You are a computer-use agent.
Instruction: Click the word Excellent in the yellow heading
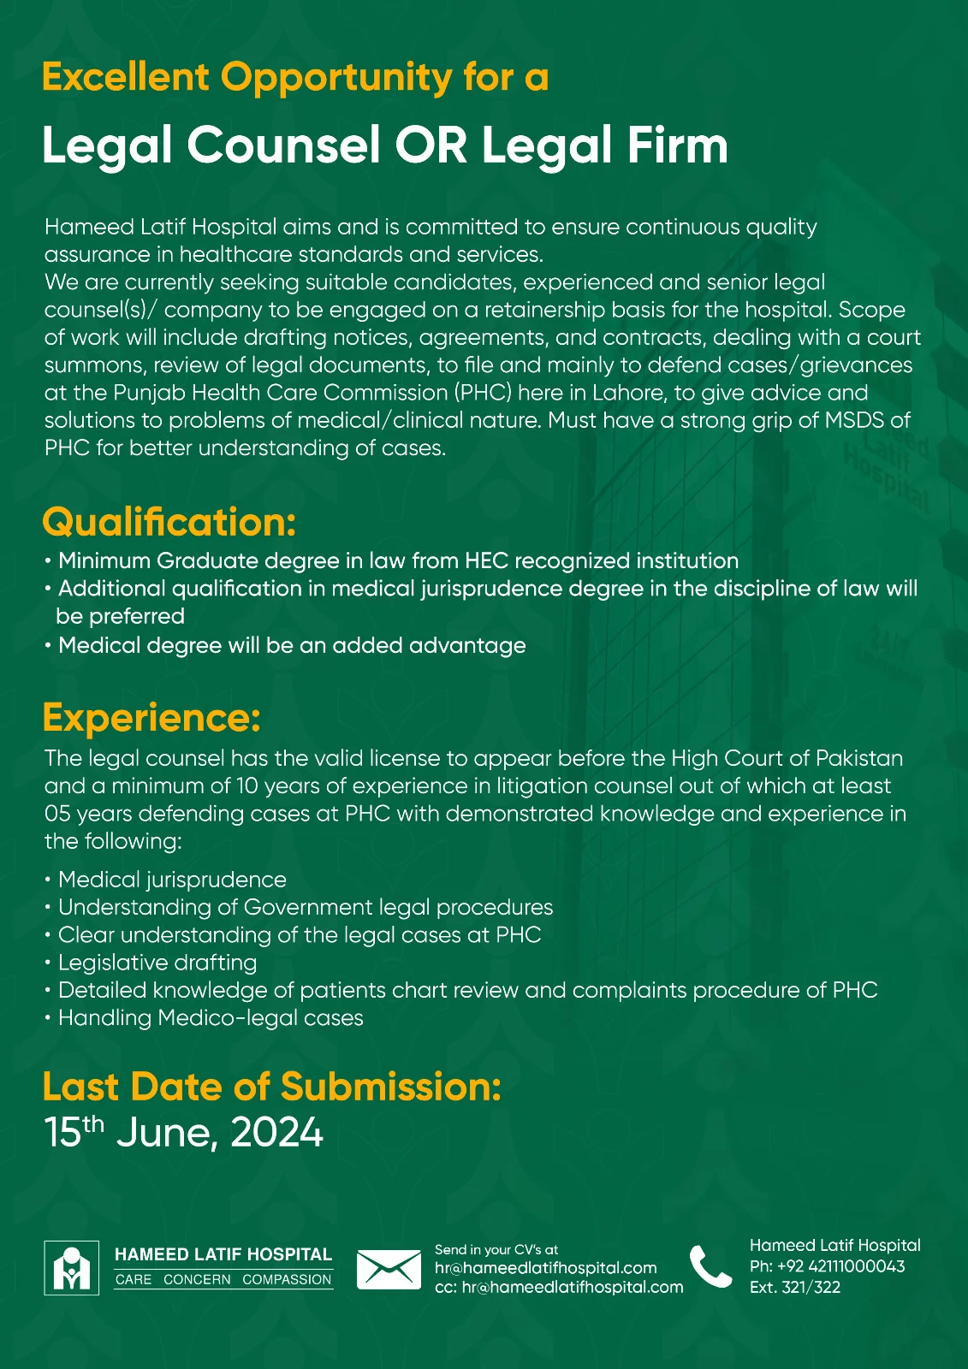[x=125, y=77]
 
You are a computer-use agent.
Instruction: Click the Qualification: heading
[x=169, y=522]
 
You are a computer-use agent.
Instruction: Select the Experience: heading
[x=151, y=717]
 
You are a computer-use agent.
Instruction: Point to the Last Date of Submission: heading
[x=271, y=1087]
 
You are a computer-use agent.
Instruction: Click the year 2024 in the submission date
[x=276, y=1132]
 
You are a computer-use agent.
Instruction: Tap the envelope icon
[x=389, y=1269]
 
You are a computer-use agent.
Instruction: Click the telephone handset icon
[x=710, y=1267]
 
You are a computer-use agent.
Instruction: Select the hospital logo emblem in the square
[x=71, y=1267]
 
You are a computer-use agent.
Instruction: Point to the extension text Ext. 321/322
[x=794, y=1287]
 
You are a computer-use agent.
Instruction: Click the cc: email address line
[x=559, y=1287]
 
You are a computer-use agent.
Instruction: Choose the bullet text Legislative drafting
[x=157, y=963]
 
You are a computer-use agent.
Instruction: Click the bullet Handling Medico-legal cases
[x=211, y=1018]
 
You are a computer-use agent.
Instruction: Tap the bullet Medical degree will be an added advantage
[x=292, y=645]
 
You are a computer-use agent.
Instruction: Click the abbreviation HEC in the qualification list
[x=486, y=561]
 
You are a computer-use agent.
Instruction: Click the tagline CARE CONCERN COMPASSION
[x=223, y=1280]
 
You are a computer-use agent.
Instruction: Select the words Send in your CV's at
[x=496, y=1249]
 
